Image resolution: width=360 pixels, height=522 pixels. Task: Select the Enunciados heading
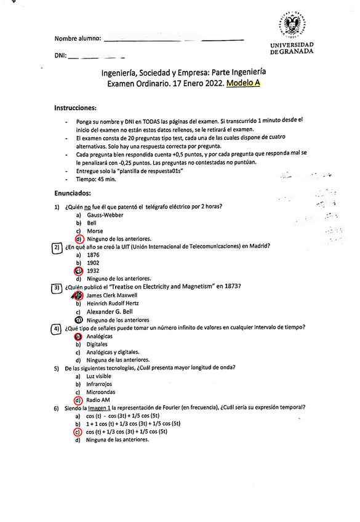[72, 193]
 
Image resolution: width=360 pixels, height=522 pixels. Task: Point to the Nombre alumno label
[78, 38]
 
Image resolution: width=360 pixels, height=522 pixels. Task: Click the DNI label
[60, 57]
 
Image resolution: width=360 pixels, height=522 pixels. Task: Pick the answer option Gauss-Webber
[105, 215]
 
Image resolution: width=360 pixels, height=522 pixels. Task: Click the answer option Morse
[95, 231]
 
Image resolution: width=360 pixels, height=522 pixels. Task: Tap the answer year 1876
[94, 254]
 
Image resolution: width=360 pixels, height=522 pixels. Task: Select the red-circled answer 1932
[94, 270]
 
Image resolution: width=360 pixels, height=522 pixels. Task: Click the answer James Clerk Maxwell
[112, 295]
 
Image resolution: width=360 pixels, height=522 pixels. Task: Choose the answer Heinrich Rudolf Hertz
[113, 303]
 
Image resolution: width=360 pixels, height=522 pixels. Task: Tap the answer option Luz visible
[99, 375]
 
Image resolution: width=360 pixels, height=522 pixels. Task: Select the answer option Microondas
[101, 391]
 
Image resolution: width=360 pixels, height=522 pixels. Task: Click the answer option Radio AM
[98, 400]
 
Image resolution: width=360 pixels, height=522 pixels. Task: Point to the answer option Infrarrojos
[100, 383]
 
